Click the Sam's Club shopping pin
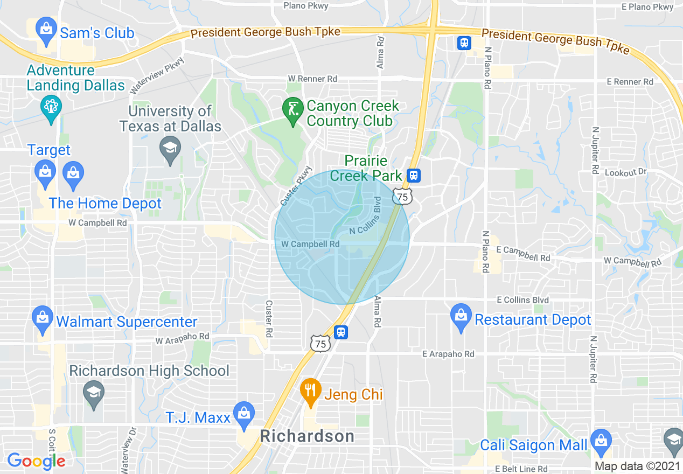46,31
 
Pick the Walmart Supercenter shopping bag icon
43,319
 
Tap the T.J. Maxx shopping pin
245,415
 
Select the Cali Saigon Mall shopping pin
601,442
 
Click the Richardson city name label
307,436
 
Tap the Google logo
36,461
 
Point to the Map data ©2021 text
637,466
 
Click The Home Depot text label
105,203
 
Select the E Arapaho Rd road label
448,354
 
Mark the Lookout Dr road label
625,172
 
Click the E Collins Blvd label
522,299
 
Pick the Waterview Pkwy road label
157,75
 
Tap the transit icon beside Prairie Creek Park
414,175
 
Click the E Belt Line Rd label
521,469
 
